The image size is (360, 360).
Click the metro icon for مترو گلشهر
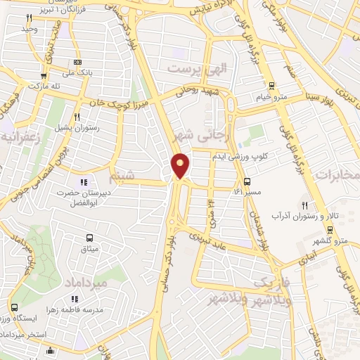click(x=330, y=231)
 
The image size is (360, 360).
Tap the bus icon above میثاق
click(x=89, y=238)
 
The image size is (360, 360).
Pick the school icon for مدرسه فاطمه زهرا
click(x=85, y=300)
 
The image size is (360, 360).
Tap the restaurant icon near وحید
click(x=29, y=18)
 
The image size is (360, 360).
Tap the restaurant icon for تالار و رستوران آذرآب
click(x=304, y=205)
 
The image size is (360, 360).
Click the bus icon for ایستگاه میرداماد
click(x=15, y=307)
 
